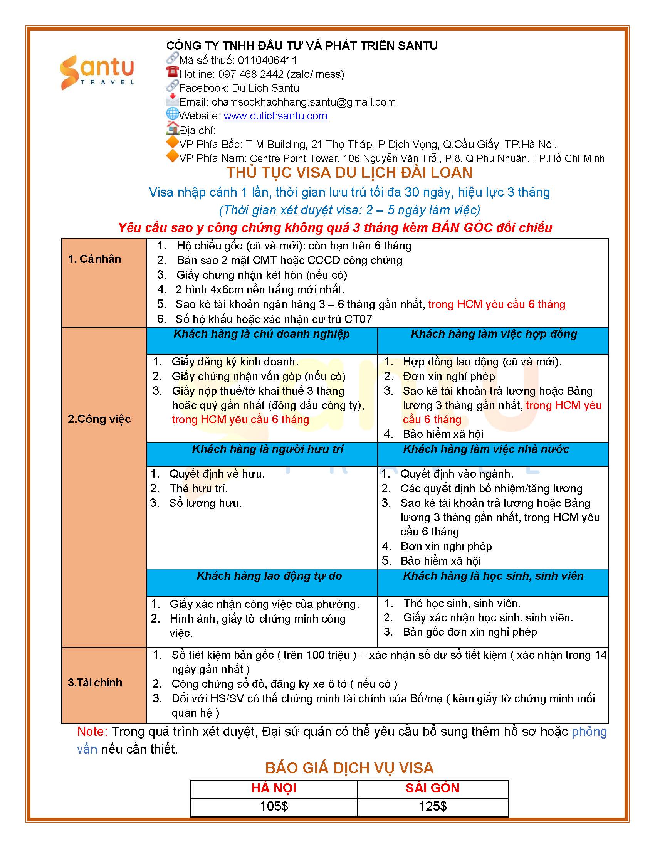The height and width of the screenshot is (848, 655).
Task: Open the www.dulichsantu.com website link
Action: click(275, 116)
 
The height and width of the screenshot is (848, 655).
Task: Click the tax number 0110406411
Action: click(267, 61)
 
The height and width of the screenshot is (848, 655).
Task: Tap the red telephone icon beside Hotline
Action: click(172, 72)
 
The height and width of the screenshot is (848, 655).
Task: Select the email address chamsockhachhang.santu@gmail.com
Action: click(304, 102)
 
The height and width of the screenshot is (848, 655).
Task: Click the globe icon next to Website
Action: click(172, 114)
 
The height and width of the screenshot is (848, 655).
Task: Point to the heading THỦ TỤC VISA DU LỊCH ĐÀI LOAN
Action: click(349, 173)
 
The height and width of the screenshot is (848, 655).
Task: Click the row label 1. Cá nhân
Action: click(94, 259)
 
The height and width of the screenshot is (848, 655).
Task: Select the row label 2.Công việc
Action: click(99, 419)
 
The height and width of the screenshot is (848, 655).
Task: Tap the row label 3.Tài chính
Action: click(95, 683)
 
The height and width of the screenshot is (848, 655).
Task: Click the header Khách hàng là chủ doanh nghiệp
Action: click(261, 334)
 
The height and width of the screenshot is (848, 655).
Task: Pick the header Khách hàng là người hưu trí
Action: click(267, 449)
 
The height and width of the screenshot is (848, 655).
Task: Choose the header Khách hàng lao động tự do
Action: click(269, 576)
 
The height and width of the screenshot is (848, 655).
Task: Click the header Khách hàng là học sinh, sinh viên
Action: click(493, 576)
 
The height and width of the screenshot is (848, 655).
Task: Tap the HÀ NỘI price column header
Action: click(274, 789)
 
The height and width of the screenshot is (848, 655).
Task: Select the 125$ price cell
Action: click(432, 807)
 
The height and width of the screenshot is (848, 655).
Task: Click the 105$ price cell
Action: click(274, 807)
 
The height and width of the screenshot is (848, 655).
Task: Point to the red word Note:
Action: click(92, 732)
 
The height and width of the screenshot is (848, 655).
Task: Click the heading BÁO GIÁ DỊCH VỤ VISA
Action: click(349, 768)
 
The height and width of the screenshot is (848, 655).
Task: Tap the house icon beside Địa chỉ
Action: click(172, 128)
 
